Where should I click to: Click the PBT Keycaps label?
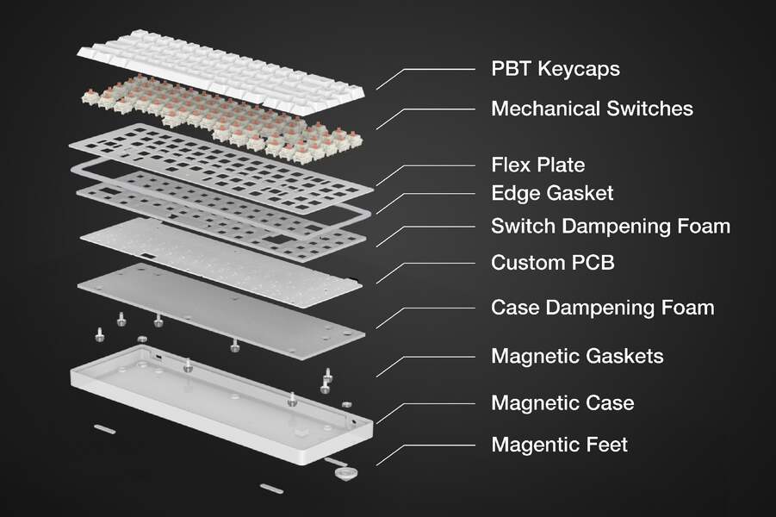(x=556, y=69)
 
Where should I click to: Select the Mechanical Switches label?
(x=592, y=109)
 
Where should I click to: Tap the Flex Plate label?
(x=538, y=165)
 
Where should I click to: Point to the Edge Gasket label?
(x=552, y=193)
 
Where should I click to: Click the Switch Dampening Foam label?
(x=611, y=227)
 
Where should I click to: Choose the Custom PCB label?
(x=553, y=263)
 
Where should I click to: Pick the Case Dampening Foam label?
(x=603, y=308)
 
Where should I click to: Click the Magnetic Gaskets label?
(x=578, y=356)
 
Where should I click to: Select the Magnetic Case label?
(x=562, y=402)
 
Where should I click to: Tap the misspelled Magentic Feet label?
(x=560, y=445)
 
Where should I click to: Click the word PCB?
(x=593, y=263)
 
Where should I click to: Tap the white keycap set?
(x=221, y=72)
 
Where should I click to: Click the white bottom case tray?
(x=221, y=403)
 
